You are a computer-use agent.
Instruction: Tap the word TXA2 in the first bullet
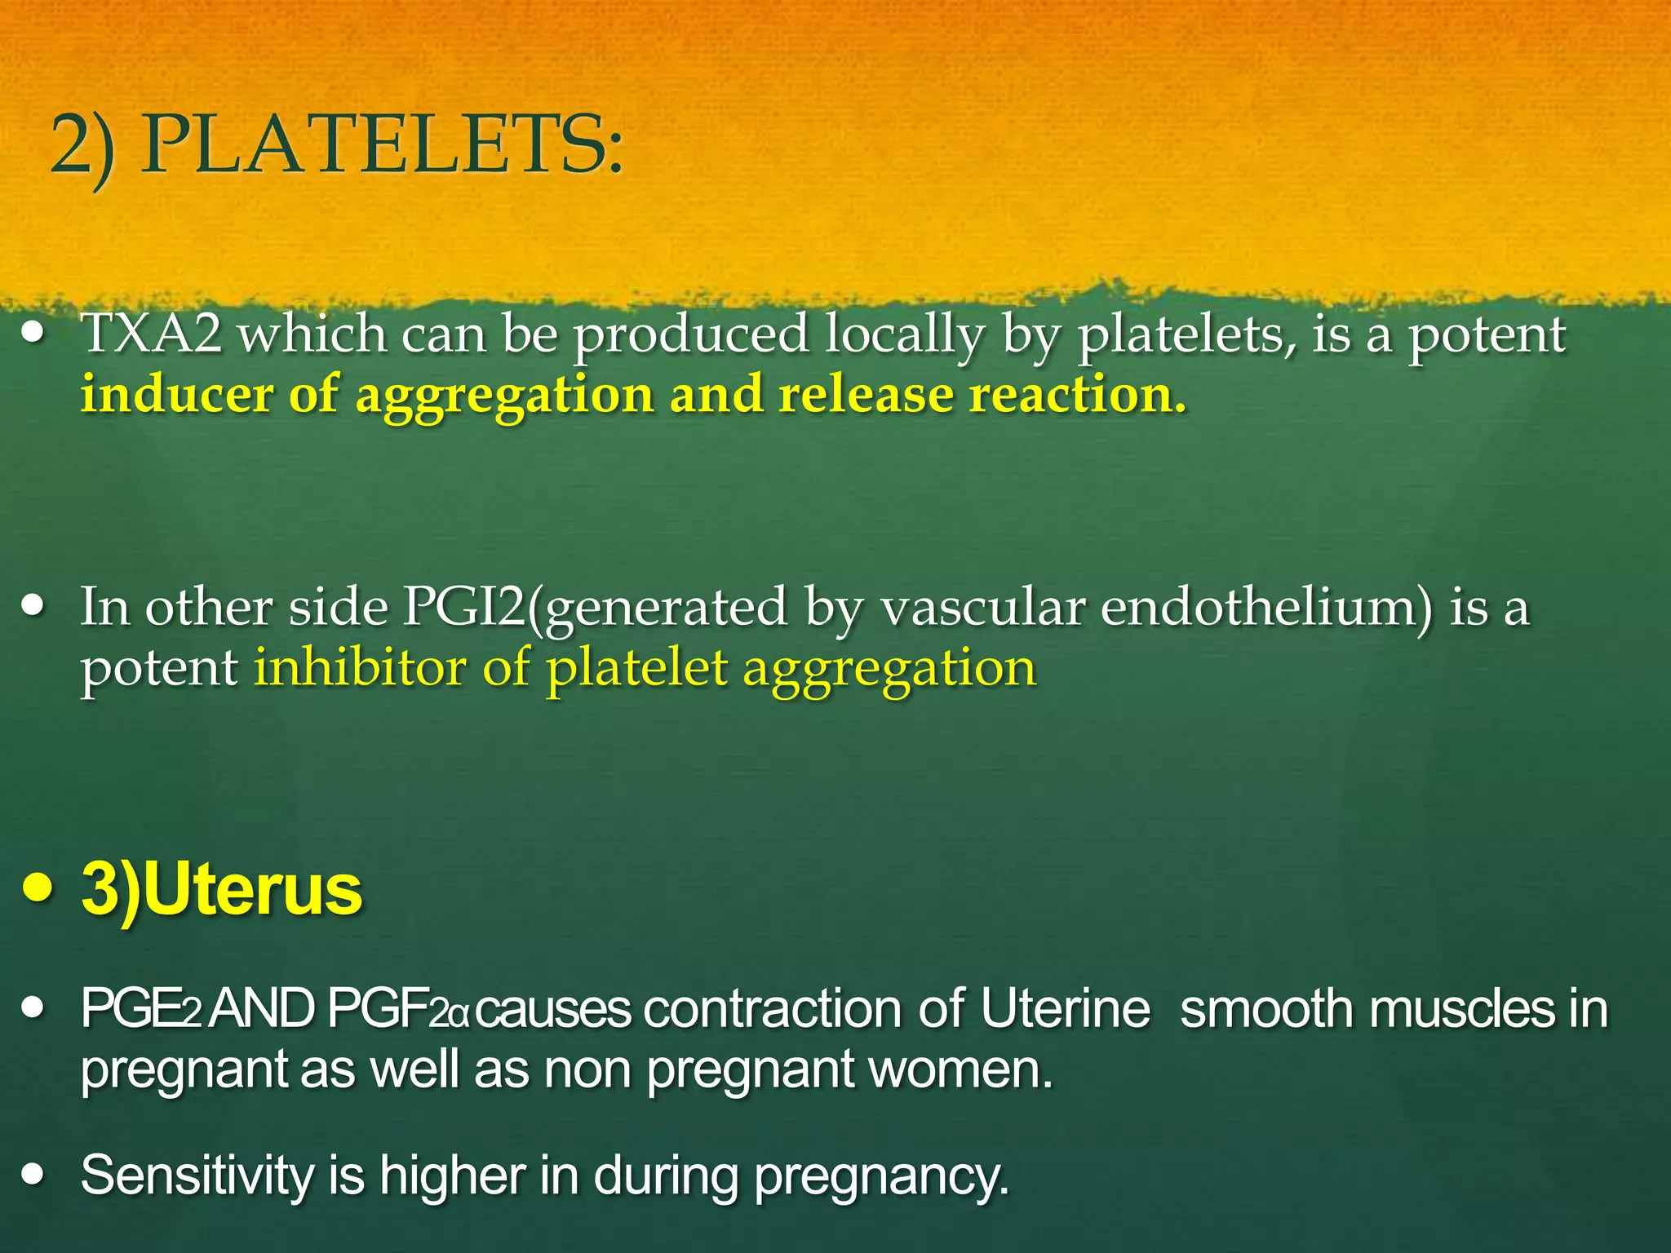tap(151, 334)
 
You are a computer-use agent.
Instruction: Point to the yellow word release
tap(866, 395)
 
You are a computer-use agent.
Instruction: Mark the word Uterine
tap(1065, 1010)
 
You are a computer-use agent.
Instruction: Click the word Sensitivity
tap(197, 1176)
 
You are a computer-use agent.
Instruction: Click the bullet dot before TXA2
tap(33, 334)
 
